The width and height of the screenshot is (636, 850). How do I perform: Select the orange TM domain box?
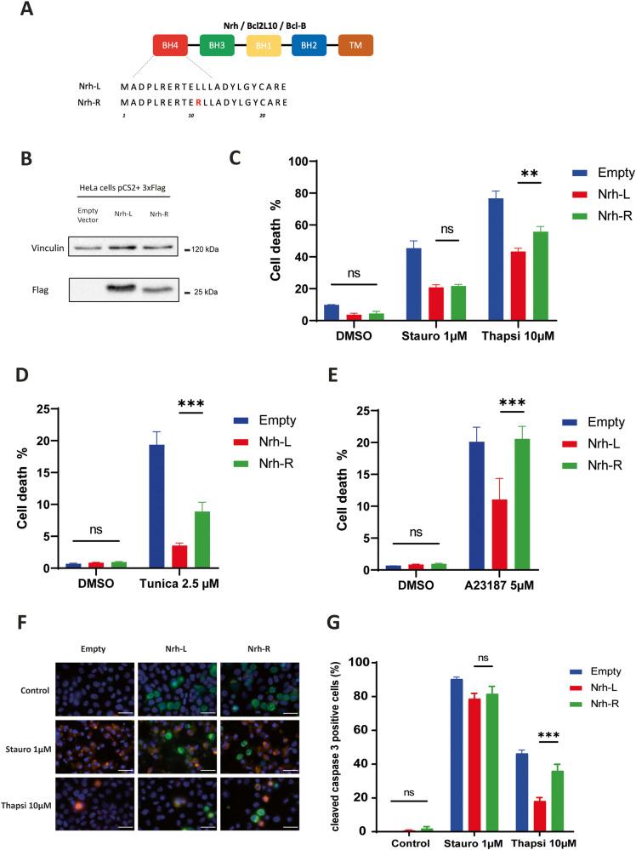[355, 45]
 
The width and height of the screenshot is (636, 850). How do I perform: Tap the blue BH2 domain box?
[309, 45]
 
